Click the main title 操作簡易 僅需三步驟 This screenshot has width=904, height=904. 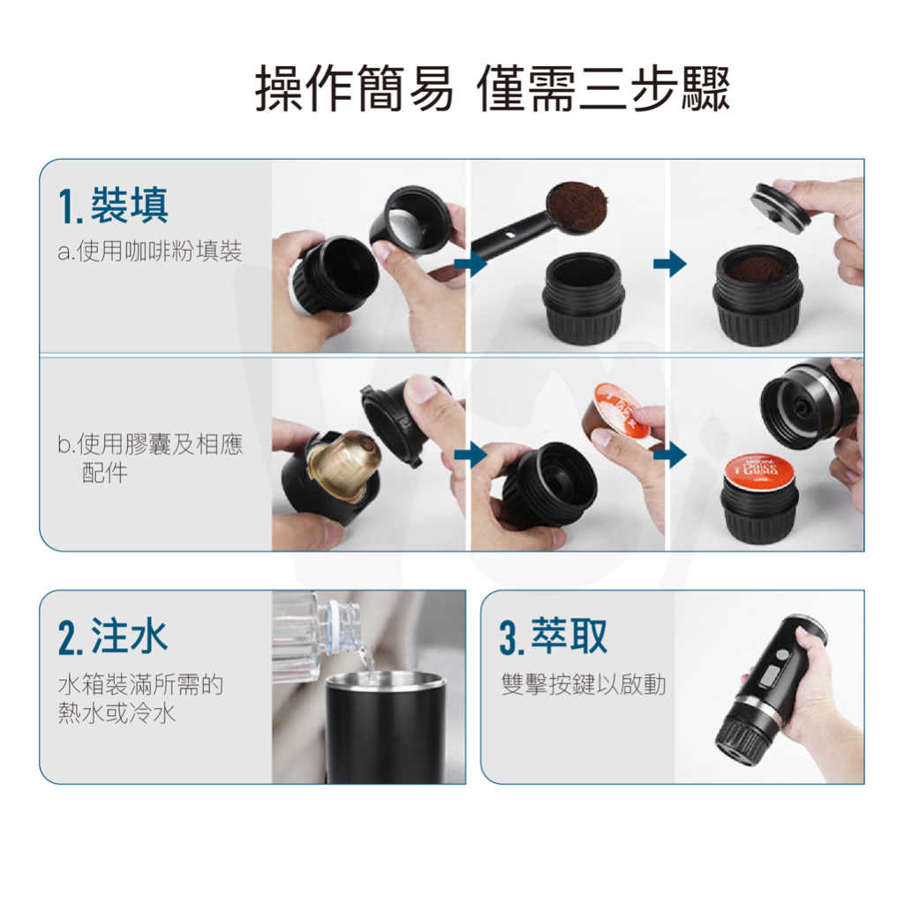tap(493, 88)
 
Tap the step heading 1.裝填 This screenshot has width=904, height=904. tap(113, 205)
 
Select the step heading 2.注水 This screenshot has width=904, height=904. tap(113, 637)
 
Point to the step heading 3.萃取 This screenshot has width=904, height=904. tap(554, 637)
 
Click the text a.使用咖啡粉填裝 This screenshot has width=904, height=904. tap(150, 252)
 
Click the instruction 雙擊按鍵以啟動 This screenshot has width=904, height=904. tap(584, 684)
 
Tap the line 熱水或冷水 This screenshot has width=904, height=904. tap(117, 713)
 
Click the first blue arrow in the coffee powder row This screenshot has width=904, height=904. tap(471, 264)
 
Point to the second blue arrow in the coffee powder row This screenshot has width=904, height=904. tap(670, 264)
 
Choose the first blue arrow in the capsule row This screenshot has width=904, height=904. tap(471, 455)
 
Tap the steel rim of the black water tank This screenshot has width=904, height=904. tap(385, 681)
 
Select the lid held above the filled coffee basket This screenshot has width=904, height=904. tap(781, 205)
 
